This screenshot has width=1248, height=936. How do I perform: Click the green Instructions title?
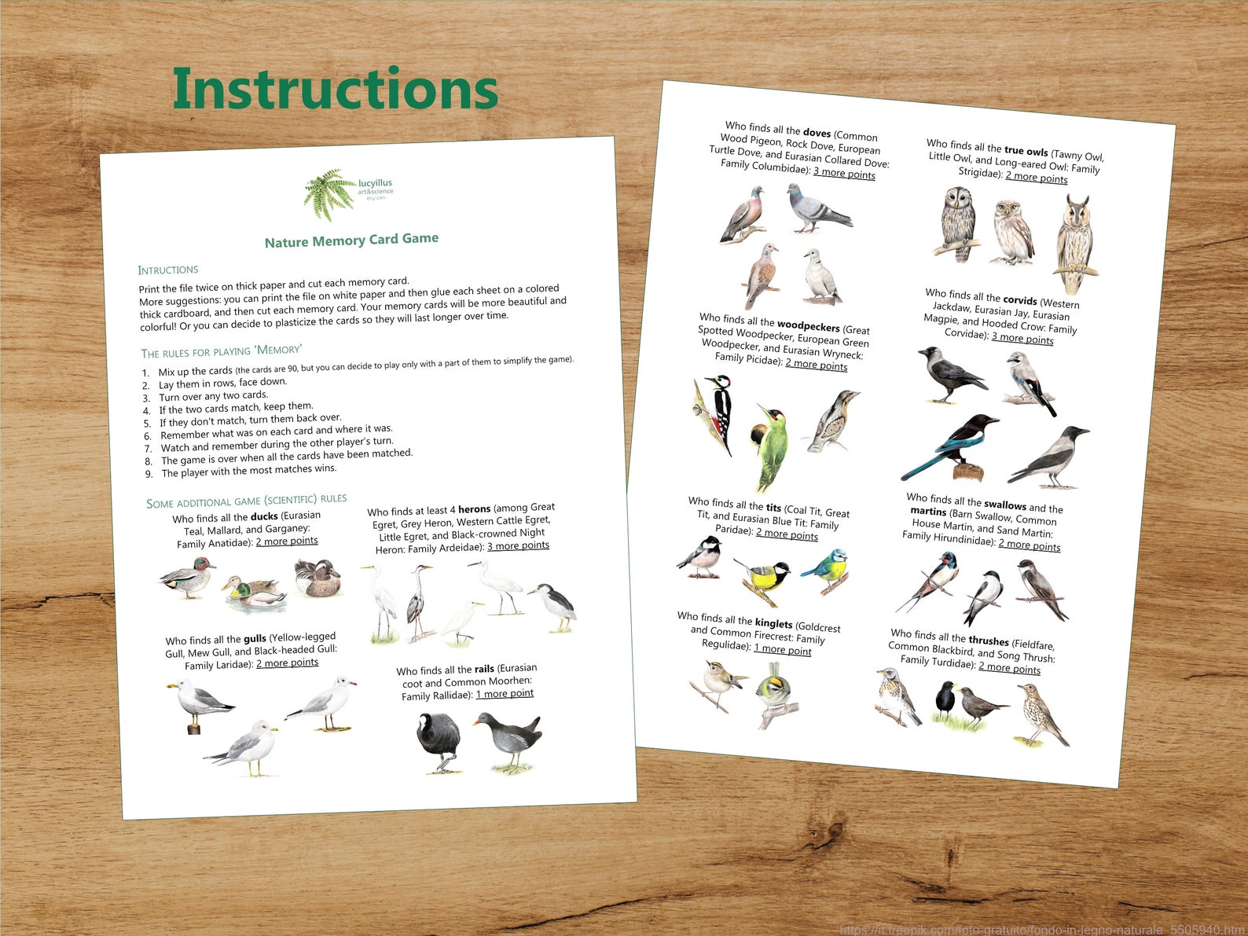(336, 89)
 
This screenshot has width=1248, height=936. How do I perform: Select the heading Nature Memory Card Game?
(351, 240)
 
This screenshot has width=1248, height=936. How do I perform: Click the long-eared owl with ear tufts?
(1074, 244)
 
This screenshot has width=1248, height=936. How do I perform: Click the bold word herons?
(474, 509)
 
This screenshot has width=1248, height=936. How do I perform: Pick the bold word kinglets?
(773, 623)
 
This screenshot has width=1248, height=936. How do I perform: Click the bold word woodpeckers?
(808, 325)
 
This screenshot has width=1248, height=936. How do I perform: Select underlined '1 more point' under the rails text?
(504, 694)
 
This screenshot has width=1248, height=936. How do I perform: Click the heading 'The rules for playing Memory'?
(221, 351)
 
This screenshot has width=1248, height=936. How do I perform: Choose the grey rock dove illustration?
(817, 210)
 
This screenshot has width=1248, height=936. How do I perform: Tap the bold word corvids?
(1019, 299)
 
